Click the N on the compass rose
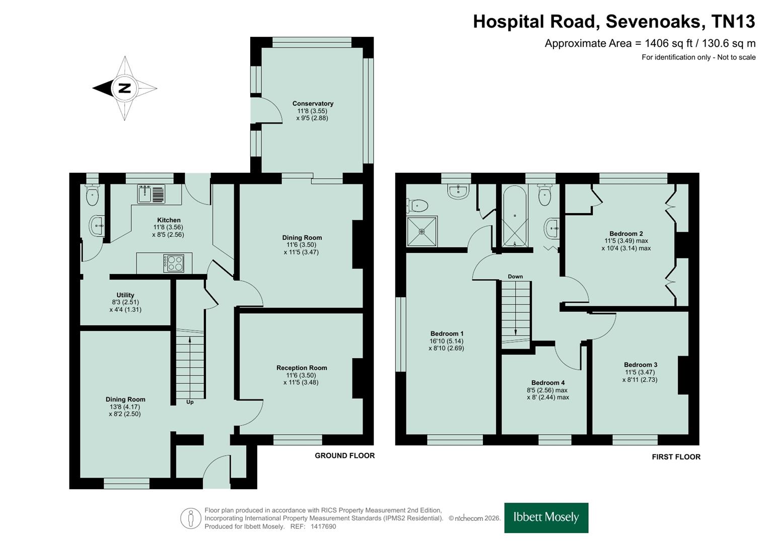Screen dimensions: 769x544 [x=124, y=88]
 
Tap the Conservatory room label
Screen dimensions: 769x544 [x=313, y=103]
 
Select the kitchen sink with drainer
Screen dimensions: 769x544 [x=151, y=194]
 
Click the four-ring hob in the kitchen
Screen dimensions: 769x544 [x=173, y=263]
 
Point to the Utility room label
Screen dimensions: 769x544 [x=125, y=295]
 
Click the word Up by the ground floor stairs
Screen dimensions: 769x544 [x=190, y=402]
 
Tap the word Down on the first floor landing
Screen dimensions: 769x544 [x=515, y=277]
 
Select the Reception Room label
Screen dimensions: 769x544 [x=302, y=368]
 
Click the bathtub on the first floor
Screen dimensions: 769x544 [x=515, y=216]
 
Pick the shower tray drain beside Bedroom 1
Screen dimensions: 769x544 [x=422, y=232]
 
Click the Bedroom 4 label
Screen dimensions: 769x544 [x=548, y=383]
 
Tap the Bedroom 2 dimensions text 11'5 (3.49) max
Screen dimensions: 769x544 [x=626, y=241]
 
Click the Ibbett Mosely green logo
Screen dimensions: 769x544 [x=546, y=518]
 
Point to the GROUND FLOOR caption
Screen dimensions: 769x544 [x=344, y=456]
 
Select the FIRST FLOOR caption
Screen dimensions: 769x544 [x=676, y=457]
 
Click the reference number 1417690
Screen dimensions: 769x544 [x=323, y=526]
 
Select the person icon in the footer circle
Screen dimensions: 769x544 [x=190, y=518]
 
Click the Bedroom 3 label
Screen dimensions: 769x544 [x=641, y=365]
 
